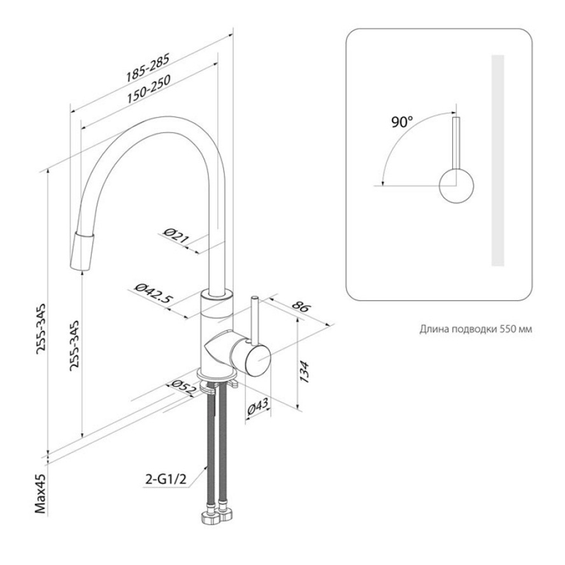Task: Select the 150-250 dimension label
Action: [149, 89]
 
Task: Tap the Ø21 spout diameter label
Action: [176, 236]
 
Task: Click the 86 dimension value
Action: [301, 307]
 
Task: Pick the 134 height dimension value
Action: [305, 372]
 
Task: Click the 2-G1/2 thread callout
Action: [166, 479]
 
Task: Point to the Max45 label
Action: [41, 493]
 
